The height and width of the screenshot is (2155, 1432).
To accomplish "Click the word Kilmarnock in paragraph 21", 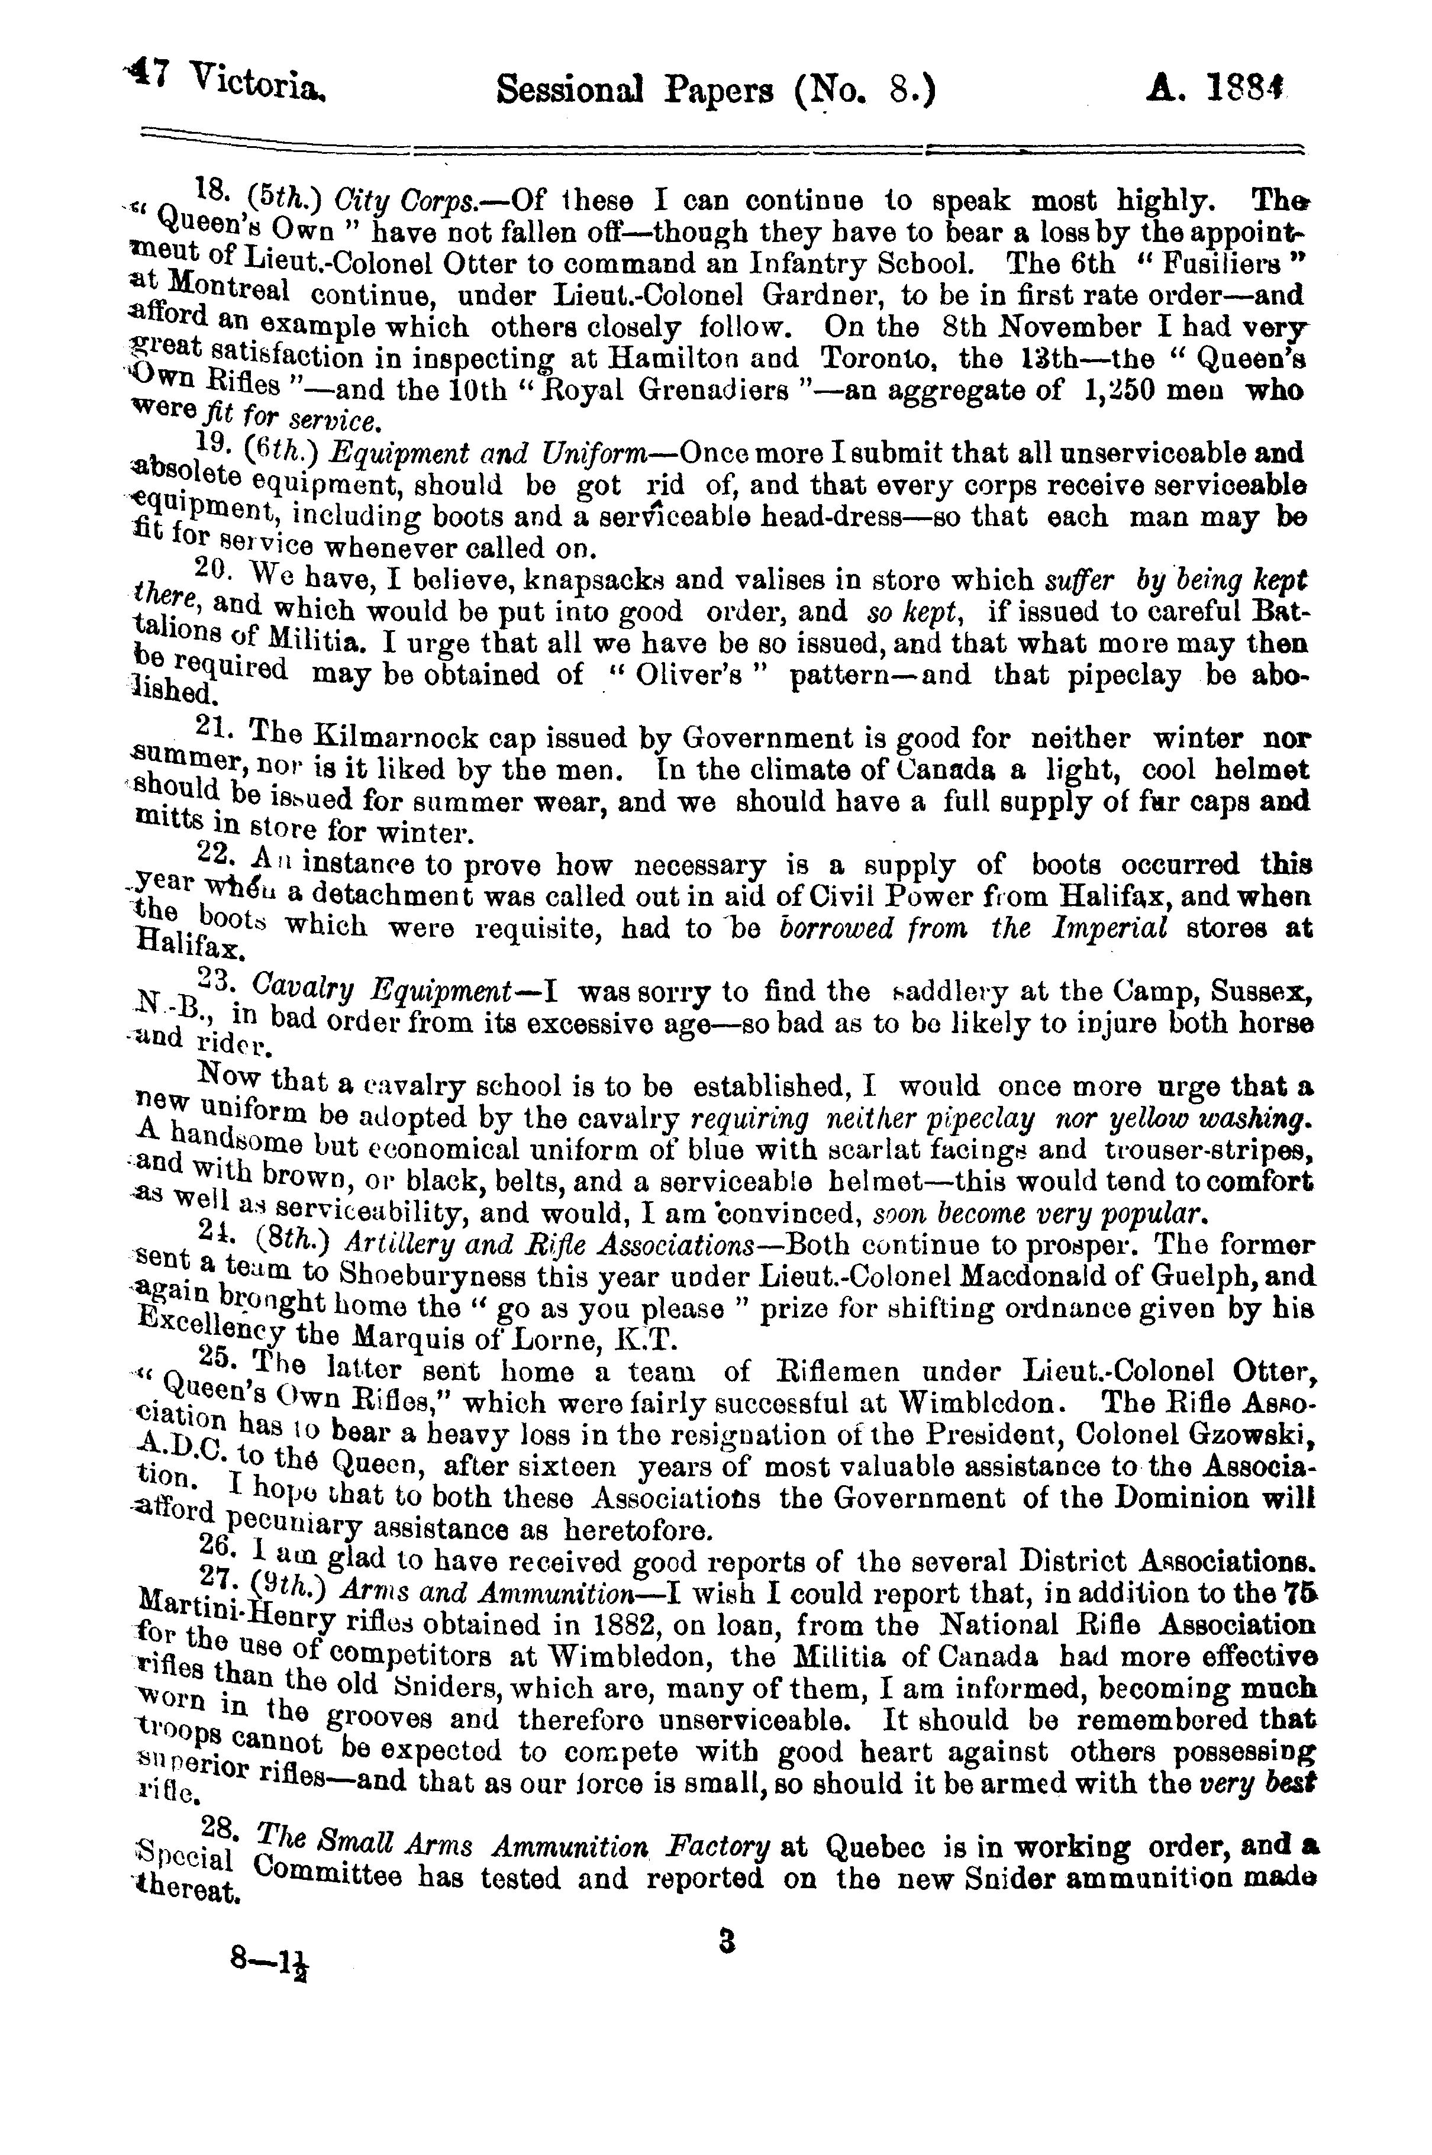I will (388, 737).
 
